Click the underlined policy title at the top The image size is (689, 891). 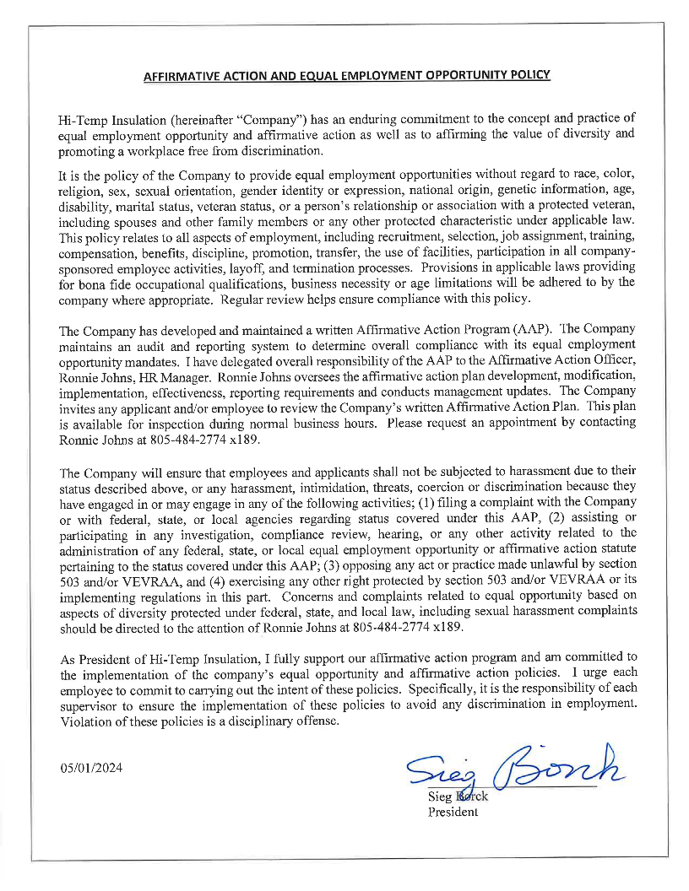(x=346, y=75)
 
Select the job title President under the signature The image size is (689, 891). (x=453, y=812)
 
